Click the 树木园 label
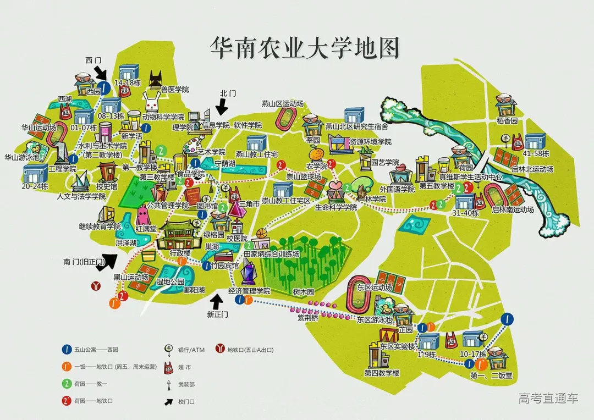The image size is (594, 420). click(303, 291)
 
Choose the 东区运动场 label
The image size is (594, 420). click(374, 288)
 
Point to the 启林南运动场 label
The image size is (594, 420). click(513, 209)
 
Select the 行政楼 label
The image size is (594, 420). click(180, 253)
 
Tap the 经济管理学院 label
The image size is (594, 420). click(250, 290)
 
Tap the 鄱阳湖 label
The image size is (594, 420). click(195, 290)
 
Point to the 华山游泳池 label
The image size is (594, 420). click(22, 157)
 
